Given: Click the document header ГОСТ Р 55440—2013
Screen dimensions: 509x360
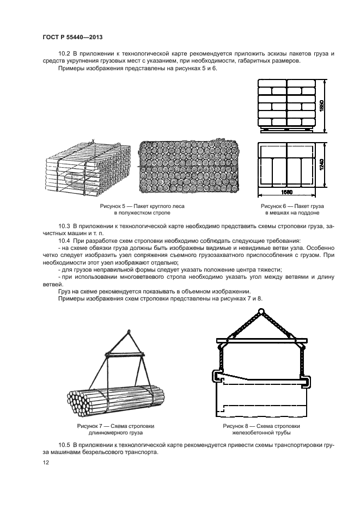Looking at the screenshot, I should pyautogui.click(x=72, y=36).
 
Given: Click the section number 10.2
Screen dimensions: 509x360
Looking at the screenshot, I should pyautogui.click(x=65, y=53).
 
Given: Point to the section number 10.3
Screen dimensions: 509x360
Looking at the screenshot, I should pyautogui.click(x=65, y=225).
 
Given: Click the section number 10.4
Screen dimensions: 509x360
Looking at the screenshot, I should pyautogui.click(x=65, y=240).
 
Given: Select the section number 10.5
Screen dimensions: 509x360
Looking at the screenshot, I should pyautogui.click(x=65, y=445).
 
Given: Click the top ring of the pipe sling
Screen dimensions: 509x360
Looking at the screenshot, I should pyautogui.click(x=260, y=312).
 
